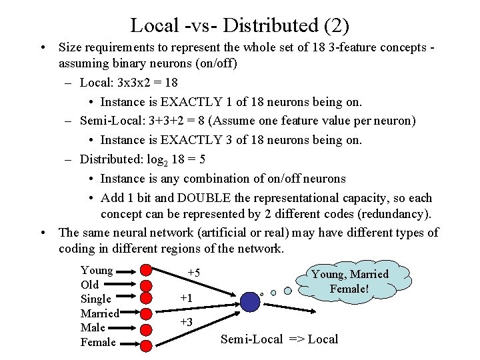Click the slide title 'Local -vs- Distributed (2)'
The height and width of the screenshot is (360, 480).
click(x=239, y=25)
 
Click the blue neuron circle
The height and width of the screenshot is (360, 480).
click(x=250, y=301)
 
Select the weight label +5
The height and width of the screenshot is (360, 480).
click(x=193, y=273)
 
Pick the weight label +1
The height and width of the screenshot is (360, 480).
click(x=186, y=299)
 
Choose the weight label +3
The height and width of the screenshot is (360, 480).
click(x=186, y=323)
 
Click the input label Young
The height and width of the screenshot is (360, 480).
click(x=97, y=271)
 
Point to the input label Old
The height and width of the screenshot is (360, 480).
click(x=89, y=285)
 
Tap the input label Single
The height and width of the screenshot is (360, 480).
click(x=96, y=299)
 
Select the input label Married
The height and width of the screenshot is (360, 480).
click(x=99, y=313)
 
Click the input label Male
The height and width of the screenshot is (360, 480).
click(x=93, y=328)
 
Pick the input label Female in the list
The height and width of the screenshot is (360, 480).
click(x=98, y=343)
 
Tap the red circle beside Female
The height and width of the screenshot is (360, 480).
click(x=145, y=343)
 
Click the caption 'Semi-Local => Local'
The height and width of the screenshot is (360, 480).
click(x=279, y=339)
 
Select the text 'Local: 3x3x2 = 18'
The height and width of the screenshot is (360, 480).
click(x=129, y=83)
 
